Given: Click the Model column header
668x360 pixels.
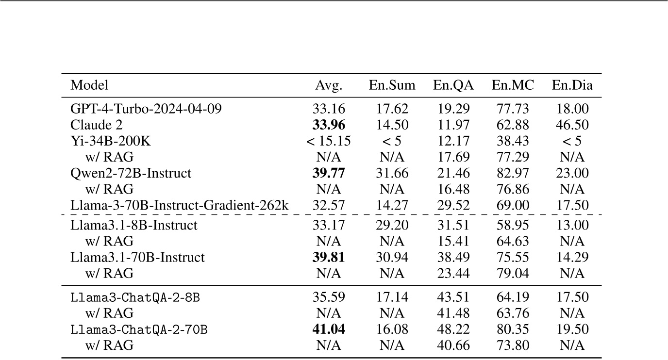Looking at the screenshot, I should click(89, 86).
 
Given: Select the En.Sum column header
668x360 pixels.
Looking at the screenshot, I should click(392, 86).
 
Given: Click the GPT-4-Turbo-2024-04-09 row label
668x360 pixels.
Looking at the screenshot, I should click(146, 109).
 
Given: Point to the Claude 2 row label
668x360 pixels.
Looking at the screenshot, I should click(97, 125).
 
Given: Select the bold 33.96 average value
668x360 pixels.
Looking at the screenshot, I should click(329, 125).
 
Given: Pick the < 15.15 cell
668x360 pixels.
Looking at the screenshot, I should click(329, 141).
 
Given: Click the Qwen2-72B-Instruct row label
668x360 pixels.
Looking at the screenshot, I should click(131, 173).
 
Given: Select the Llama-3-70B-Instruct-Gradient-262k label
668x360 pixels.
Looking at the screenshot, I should click(180, 205).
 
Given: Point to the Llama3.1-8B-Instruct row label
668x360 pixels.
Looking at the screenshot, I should click(134, 225).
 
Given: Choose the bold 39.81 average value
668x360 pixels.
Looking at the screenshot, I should click(329, 257).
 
